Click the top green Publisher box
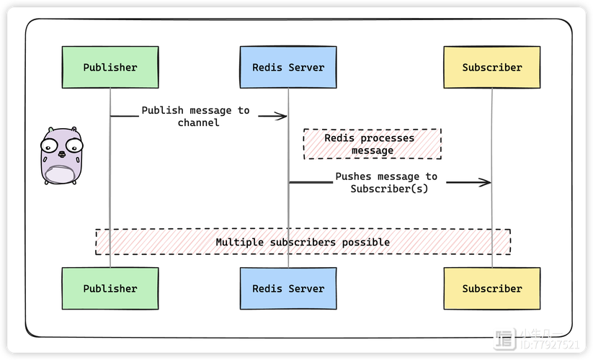pyautogui.click(x=110, y=68)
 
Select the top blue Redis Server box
pyautogui.click(x=288, y=68)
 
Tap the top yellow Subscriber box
pyautogui.click(x=491, y=68)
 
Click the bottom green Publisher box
pyautogui.click(x=110, y=289)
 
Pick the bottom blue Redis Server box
pyautogui.click(x=288, y=289)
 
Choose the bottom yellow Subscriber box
pyautogui.click(x=491, y=289)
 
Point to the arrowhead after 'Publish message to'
pyautogui.click(x=282, y=116)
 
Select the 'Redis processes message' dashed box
pyautogui.click(x=372, y=144)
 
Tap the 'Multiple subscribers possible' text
pyautogui.click(x=303, y=242)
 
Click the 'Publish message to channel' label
pyautogui.click(x=195, y=117)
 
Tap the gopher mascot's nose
pyautogui.click(x=62, y=154)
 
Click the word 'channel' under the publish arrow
pyautogui.click(x=198, y=123)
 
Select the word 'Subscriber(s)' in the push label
pyautogui.click(x=389, y=189)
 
